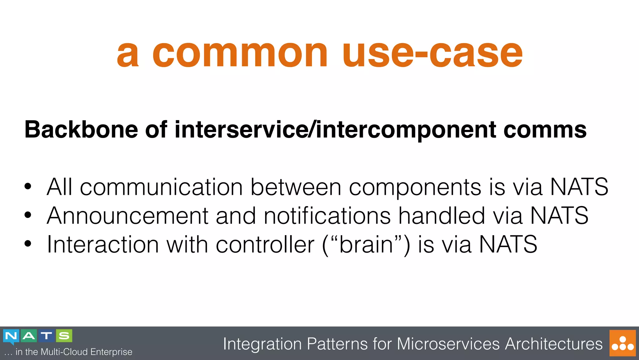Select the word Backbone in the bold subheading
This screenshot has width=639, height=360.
[81, 130]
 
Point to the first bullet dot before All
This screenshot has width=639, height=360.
[28, 187]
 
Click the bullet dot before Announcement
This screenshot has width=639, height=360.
[28, 215]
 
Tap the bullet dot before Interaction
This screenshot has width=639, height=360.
[28, 244]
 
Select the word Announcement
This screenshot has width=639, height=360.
[127, 216]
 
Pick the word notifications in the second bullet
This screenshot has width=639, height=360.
[327, 216]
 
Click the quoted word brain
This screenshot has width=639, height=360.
[366, 244]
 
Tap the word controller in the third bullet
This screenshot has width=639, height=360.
[265, 244]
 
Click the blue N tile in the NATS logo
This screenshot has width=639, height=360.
[11, 336]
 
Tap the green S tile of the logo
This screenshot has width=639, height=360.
[64, 336]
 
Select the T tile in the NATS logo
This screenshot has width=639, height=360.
[46, 336]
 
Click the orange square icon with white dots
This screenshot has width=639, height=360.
[622, 343]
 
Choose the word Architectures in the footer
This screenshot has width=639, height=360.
[554, 344]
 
